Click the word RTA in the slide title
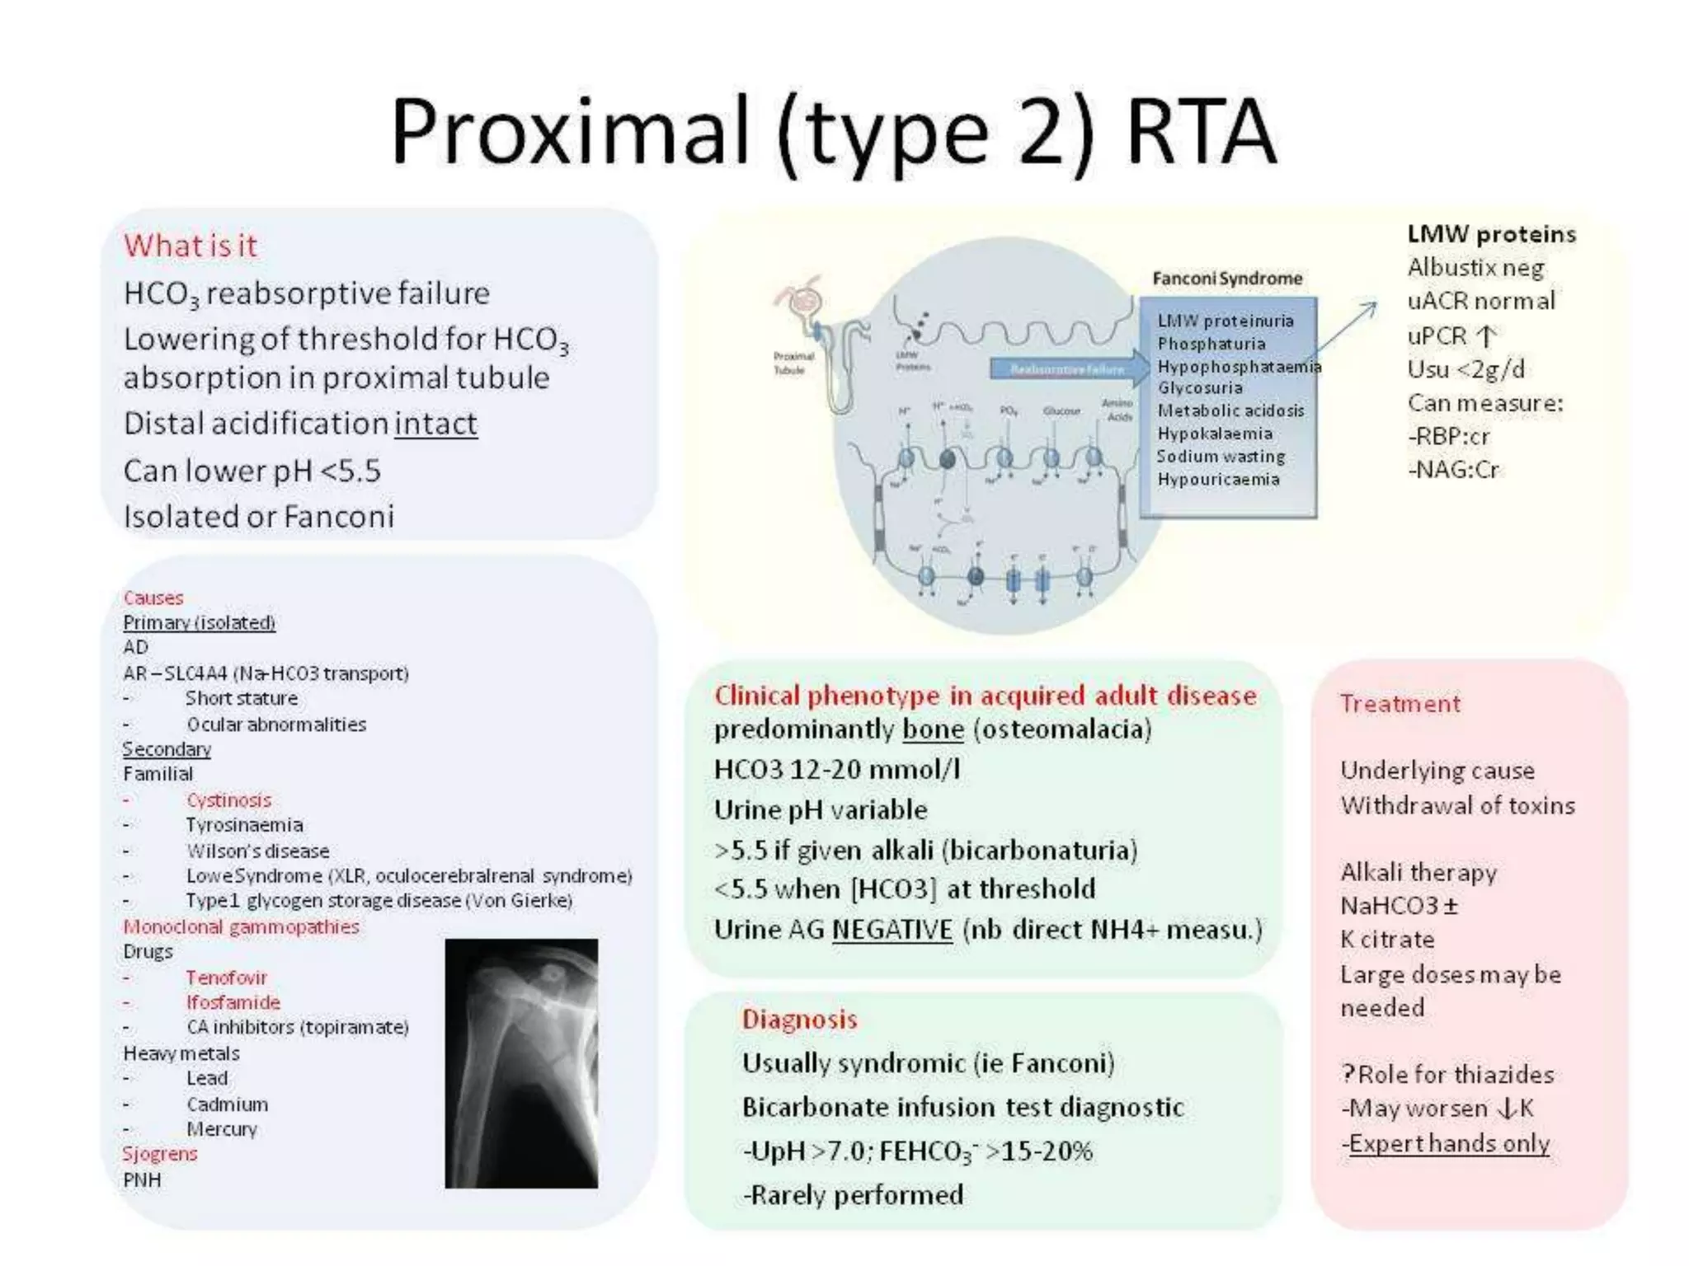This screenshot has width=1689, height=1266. [1201, 132]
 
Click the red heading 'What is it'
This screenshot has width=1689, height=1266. [191, 246]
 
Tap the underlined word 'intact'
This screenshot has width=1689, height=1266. [435, 424]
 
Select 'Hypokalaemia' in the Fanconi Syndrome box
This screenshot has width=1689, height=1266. [1214, 434]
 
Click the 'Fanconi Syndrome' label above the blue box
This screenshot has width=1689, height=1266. [1227, 279]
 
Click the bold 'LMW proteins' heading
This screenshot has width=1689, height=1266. [1491, 234]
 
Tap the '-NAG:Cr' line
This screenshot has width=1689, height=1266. [1453, 470]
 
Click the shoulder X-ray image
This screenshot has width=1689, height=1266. [521, 1063]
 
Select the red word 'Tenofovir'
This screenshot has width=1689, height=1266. [226, 978]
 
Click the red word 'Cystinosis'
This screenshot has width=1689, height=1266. [228, 800]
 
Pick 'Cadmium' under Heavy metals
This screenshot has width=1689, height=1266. [227, 1104]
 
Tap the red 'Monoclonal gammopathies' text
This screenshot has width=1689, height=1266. [241, 926]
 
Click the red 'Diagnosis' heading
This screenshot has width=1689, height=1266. [799, 1020]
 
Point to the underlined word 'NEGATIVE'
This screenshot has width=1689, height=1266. [892, 930]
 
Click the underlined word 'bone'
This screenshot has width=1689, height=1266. [933, 729]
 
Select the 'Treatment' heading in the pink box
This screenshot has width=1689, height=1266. [1400, 704]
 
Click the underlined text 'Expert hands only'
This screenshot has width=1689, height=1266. [1448, 1144]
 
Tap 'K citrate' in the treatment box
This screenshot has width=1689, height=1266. [1387, 940]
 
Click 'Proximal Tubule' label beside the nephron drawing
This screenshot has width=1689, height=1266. [793, 363]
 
